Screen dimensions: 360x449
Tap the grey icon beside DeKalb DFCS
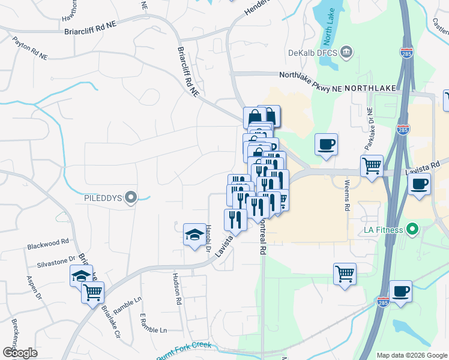tap(346, 52)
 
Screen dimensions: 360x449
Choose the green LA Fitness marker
tap(412, 229)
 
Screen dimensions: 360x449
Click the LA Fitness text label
tap(384, 230)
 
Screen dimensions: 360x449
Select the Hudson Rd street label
tap(177, 287)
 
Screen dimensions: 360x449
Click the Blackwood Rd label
tap(48, 244)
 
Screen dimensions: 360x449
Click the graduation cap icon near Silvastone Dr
tap(81, 276)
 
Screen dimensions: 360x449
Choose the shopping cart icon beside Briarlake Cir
tap(93, 293)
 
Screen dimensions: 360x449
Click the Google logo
tap(20, 353)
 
